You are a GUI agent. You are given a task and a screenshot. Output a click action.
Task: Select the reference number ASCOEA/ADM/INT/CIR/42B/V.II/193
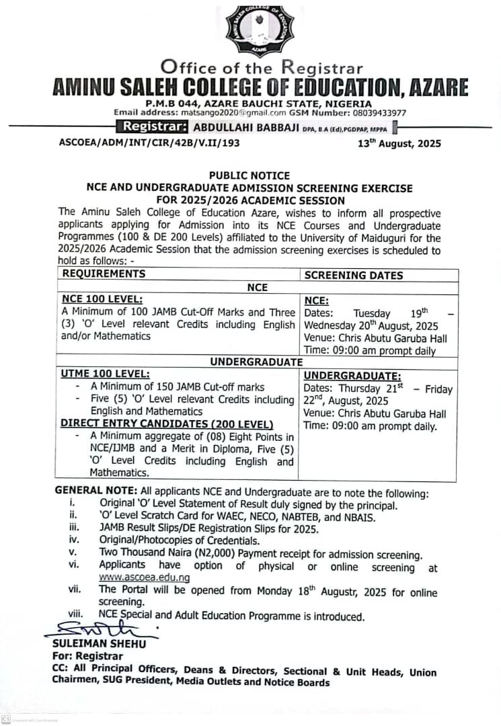[149, 143]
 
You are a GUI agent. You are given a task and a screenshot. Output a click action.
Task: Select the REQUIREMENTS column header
[104, 274]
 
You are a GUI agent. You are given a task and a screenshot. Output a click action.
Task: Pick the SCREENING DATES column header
[354, 275]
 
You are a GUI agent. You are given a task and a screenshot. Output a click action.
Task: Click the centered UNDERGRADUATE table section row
[256, 362]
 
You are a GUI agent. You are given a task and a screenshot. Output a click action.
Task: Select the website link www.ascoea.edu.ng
[144, 577]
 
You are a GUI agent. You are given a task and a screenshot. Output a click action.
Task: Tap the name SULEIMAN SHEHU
[99, 643]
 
